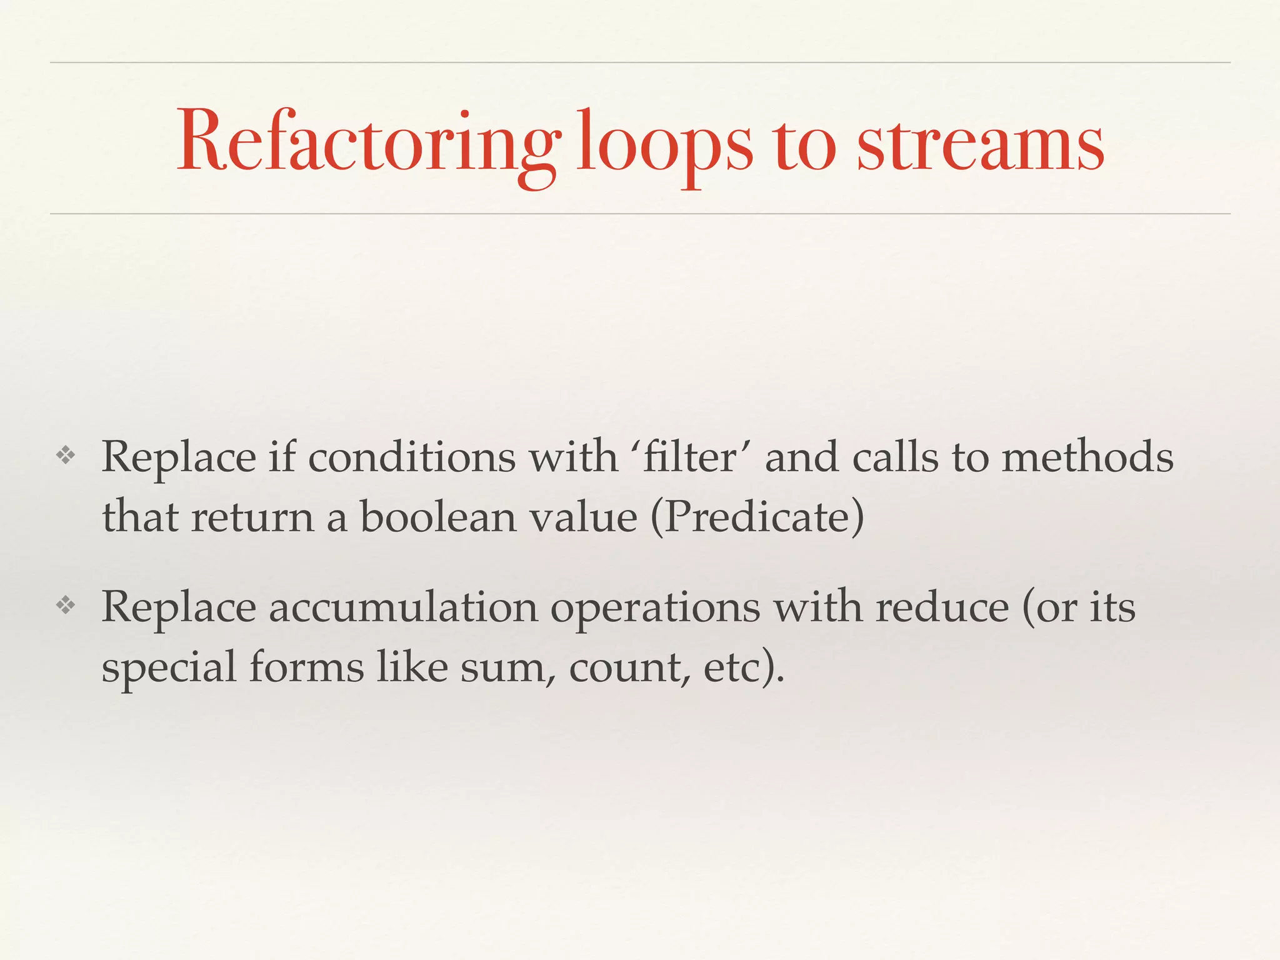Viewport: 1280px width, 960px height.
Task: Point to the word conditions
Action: tap(412, 457)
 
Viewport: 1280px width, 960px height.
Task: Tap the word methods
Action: tap(1087, 457)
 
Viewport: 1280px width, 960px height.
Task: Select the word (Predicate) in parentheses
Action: tap(757, 517)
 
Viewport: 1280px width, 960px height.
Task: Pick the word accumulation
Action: tap(403, 607)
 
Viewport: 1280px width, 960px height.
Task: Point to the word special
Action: tap(169, 667)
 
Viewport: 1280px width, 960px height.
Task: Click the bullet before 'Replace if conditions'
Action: tap(66, 456)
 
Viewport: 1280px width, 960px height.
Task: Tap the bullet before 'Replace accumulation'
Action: tap(66, 605)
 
